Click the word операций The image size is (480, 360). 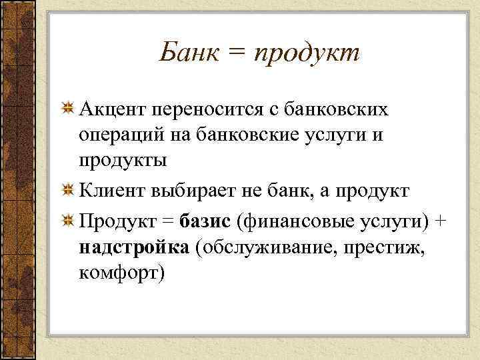coord(121,135)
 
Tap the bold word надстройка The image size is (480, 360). coord(135,247)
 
